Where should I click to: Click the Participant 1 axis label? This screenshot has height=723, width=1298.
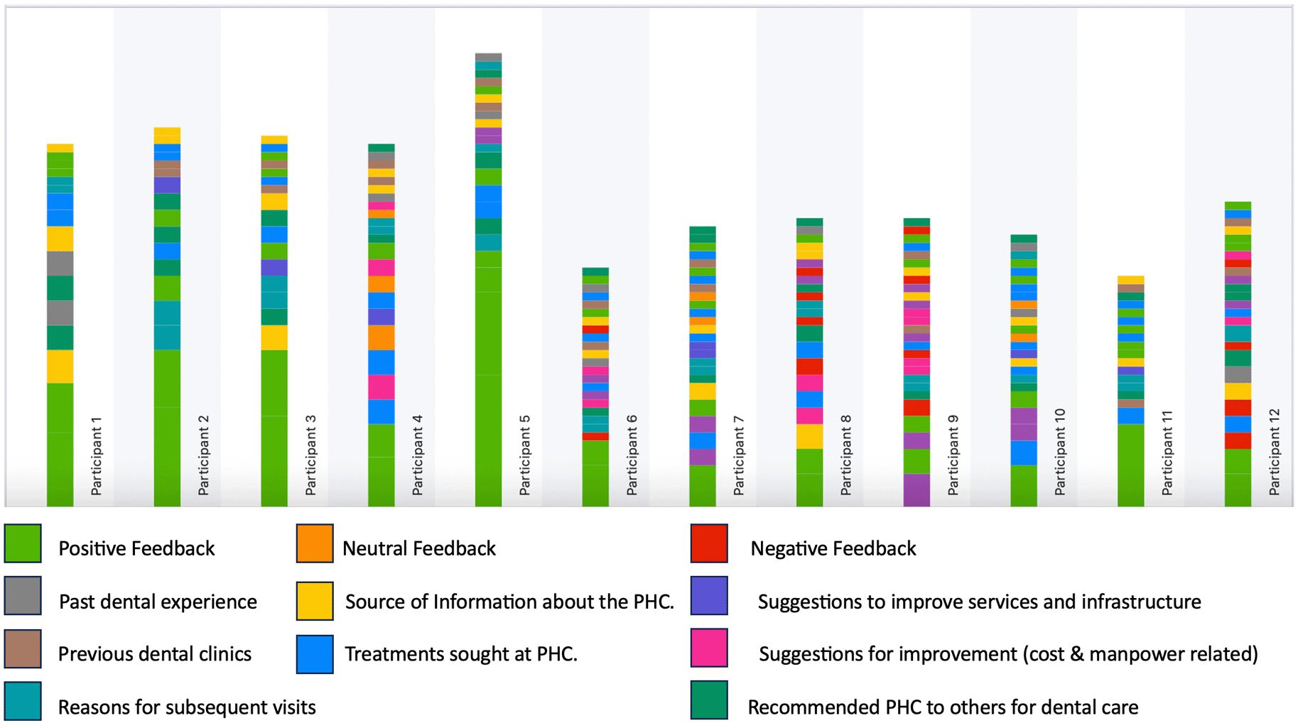pos(97,456)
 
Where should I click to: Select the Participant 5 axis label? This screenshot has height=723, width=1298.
pos(525,455)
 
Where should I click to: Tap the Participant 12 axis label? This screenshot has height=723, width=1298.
pos(1275,452)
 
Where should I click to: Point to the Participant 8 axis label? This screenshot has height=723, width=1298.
pos(846,455)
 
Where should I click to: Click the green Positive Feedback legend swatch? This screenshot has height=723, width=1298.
pos(23,544)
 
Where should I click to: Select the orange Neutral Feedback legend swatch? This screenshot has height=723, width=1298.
pos(315,544)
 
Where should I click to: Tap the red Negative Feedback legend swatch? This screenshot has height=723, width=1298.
pos(709,544)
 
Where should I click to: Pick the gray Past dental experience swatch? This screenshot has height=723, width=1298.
pos(23,596)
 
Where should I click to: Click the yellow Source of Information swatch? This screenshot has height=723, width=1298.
pos(315,601)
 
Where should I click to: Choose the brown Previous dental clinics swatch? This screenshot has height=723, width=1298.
pos(23,648)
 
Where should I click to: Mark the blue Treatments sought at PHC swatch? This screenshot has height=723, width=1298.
pos(315,654)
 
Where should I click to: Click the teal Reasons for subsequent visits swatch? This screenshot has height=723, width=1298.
pos(23,701)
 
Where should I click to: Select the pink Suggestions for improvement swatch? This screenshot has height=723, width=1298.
pos(709,648)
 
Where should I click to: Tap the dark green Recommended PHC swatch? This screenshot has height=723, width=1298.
pos(709,700)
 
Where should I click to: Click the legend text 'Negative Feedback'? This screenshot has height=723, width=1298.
pos(833,548)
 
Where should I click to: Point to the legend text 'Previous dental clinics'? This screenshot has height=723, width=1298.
pos(155,654)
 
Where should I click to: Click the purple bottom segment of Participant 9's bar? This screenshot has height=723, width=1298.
pos(916,490)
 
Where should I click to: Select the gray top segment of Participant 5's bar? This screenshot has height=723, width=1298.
pos(488,58)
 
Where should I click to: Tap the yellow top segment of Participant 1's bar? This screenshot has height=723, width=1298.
pos(60,148)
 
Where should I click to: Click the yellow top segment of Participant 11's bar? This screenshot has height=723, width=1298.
pos(1130,280)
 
